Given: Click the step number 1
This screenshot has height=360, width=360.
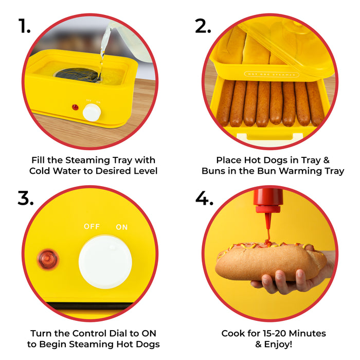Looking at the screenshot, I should (x=24, y=26).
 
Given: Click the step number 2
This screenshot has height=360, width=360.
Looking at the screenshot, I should (x=204, y=26).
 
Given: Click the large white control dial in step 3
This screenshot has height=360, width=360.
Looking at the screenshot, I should (x=105, y=262).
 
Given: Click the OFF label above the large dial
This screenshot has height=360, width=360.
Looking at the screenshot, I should (x=93, y=227).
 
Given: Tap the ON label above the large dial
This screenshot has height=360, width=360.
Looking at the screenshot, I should (x=122, y=227).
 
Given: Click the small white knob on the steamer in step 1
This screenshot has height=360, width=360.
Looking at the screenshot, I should (x=92, y=112).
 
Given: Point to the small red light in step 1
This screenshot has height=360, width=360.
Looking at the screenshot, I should (x=75, y=107).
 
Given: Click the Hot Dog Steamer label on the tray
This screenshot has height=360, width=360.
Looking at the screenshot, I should (x=271, y=74).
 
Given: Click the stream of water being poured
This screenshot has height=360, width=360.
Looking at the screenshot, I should (x=103, y=57).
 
